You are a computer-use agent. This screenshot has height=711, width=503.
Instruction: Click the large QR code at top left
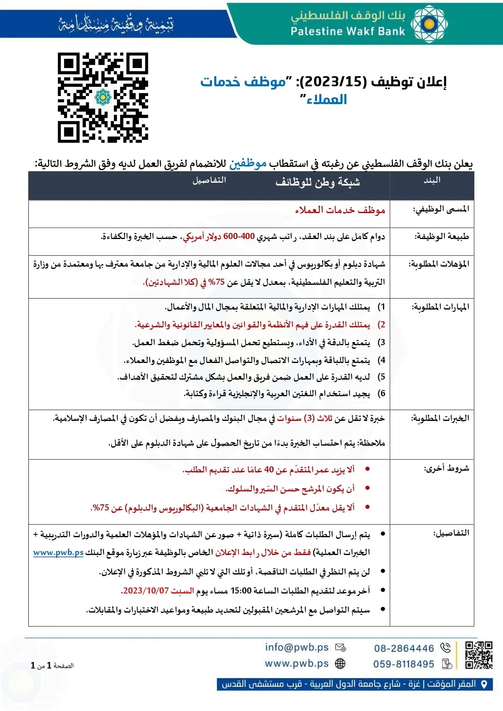pos(103,97)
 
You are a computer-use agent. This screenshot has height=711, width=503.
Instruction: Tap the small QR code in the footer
pos(479,655)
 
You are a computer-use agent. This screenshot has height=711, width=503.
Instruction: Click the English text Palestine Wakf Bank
pos(348,32)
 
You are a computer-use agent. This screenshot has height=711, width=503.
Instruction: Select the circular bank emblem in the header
pos(429,24)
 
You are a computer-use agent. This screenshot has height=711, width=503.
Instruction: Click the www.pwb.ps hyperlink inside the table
pos(58,553)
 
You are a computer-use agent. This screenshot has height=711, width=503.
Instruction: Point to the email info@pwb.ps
pos(297,647)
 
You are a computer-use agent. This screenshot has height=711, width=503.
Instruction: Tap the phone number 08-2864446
pos(404,648)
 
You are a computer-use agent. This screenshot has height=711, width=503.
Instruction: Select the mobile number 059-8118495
pos(403,664)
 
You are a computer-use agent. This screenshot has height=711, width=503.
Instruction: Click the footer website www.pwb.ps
pos(297,664)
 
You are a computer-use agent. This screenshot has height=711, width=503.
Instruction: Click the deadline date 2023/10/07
pos(146,591)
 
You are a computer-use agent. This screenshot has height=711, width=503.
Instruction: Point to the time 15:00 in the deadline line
pos(241,591)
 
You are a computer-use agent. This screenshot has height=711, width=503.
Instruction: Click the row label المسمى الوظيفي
pos(441,209)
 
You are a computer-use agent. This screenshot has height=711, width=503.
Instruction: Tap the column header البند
pos(432,180)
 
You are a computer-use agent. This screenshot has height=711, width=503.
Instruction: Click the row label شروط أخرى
pos(446,469)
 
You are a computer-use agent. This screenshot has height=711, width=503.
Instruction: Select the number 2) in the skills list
pos(381,325)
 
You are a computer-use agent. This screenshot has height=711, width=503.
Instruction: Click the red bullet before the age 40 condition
pos(368,469)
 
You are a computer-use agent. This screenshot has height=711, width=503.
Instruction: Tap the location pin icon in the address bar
pos(484,684)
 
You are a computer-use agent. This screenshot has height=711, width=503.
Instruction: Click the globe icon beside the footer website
pos(340,664)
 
